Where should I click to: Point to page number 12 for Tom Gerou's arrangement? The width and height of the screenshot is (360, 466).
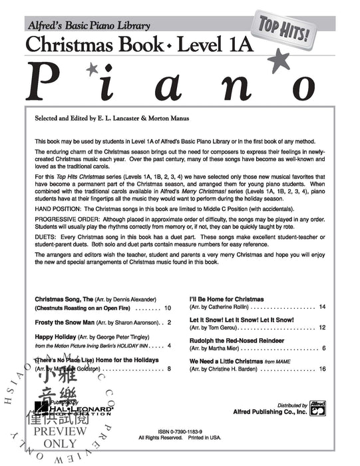coord(321,328)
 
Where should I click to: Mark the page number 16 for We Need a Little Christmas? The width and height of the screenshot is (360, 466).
coord(321,368)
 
